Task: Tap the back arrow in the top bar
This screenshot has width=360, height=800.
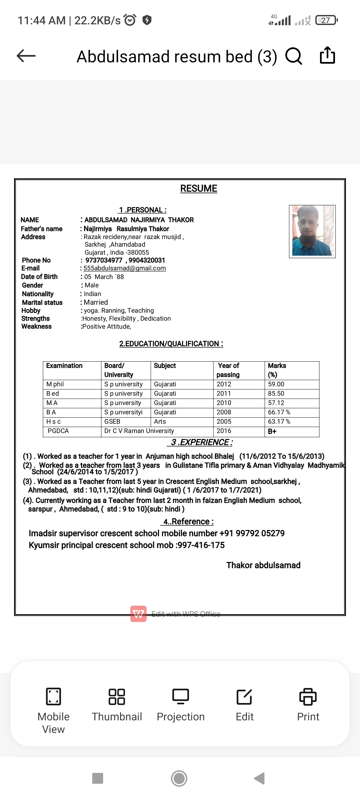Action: [x=26, y=56]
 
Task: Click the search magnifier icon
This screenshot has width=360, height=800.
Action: [x=294, y=56]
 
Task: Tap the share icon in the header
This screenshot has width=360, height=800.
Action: [x=327, y=55]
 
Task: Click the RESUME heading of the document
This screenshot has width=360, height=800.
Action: [x=199, y=189]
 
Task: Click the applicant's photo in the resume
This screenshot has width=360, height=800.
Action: [x=312, y=231]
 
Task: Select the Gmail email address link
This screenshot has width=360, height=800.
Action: [x=125, y=268]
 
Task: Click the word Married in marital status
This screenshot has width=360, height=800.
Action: [x=96, y=302]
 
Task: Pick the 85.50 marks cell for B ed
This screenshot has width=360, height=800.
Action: [x=276, y=394]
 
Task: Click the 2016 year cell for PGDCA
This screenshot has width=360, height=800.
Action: [x=224, y=431]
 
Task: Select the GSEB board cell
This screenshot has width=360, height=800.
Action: [x=112, y=422]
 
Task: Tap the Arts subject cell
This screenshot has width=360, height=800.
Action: [x=160, y=422]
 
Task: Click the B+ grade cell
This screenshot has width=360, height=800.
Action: [x=272, y=431]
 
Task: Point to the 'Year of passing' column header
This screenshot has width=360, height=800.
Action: [x=228, y=370]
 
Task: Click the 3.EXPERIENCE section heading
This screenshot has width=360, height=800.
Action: [x=200, y=442]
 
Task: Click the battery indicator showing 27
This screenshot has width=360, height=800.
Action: [x=326, y=20]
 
